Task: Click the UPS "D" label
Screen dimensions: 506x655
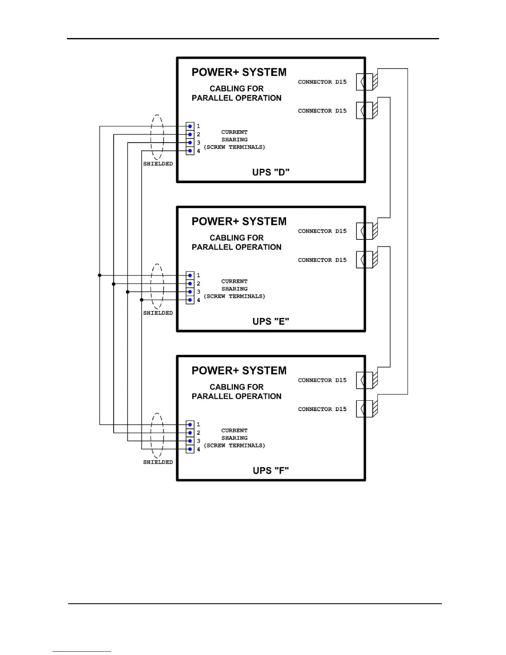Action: click(271, 172)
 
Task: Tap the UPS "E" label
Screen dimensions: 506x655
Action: click(271, 321)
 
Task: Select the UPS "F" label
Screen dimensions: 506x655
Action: click(271, 471)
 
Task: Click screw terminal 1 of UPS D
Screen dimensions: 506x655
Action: click(190, 126)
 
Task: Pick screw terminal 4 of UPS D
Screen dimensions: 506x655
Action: click(190, 151)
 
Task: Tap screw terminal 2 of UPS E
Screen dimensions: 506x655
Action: click(190, 284)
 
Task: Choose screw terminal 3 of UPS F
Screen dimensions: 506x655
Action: click(190, 441)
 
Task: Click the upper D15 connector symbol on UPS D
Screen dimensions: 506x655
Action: click(365, 82)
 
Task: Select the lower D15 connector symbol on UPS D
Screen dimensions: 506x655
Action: click(365, 111)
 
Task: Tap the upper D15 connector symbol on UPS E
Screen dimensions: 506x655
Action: click(365, 231)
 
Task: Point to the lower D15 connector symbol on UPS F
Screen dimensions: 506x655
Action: click(365, 409)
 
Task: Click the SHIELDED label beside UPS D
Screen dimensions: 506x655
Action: click(158, 164)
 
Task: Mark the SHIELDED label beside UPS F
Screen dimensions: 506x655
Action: click(158, 462)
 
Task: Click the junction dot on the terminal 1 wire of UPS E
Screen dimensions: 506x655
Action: click(100, 275)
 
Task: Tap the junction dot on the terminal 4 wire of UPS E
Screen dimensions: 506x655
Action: click(142, 300)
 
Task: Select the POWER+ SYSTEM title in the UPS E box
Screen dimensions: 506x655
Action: click(239, 222)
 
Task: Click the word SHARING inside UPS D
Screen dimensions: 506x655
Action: click(234, 140)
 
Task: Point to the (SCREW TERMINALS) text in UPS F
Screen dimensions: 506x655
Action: click(234, 446)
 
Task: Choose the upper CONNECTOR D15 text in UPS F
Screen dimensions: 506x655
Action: click(322, 380)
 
